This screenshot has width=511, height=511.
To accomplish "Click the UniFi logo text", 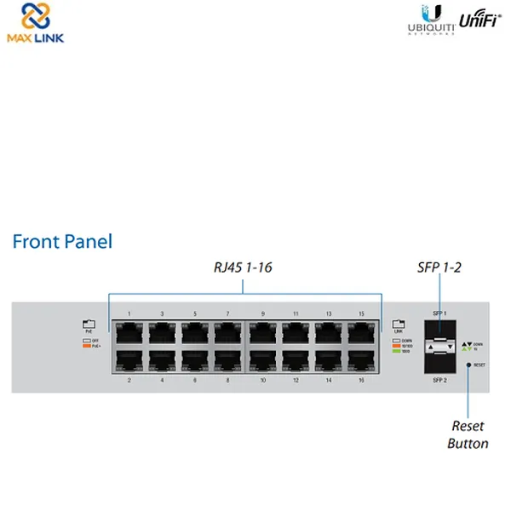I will click(x=480, y=20).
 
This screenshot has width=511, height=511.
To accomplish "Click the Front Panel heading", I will click(x=62, y=241).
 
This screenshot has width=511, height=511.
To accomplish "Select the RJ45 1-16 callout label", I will click(x=244, y=267).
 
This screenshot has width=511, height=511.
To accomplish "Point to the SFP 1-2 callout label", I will click(x=439, y=267).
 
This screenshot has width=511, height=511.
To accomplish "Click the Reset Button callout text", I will click(x=468, y=434).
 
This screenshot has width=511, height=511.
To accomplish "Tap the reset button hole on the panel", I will click(x=468, y=365).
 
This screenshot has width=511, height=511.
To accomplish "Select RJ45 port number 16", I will click(x=361, y=360).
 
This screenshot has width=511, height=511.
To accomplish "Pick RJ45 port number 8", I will click(x=228, y=360).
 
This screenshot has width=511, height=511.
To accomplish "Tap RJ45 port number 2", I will click(x=129, y=360).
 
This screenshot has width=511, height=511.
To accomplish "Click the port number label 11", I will click(x=296, y=314).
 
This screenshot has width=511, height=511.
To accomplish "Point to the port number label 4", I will click(x=162, y=380).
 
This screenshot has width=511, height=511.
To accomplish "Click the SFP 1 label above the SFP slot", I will click(x=440, y=315).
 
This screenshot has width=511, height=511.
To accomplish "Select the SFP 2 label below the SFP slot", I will click(x=440, y=380).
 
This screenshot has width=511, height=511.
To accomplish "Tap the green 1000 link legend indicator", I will click(x=395, y=351).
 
